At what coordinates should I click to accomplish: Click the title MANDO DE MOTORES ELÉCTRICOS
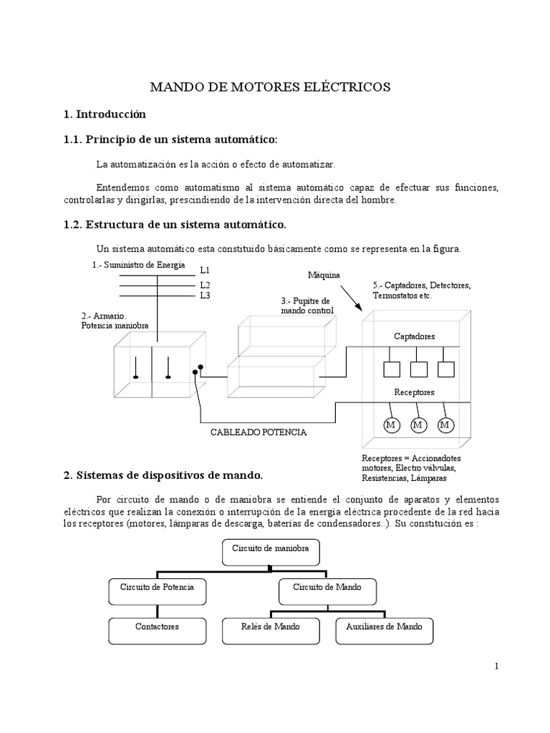click(x=270, y=87)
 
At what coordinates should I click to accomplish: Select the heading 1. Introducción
click(x=105, y=115)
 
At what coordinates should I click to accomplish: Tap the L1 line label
click(x=205, y=271)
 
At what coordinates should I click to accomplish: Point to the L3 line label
click(x=205, y=295)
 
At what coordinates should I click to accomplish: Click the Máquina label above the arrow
click(x=324, y=275)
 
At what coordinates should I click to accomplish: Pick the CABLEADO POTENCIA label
click(x=259, y=432)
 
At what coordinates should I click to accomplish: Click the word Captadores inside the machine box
click(x=414, y=336)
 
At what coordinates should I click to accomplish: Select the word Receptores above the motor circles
click(x=414, y=392)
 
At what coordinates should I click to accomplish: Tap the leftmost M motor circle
click(x=391, y=425)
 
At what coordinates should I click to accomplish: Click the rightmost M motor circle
click(x=445, y=425)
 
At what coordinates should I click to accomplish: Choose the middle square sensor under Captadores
click(x=418, y=369)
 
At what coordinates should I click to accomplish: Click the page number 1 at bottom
click(x=496, y=666)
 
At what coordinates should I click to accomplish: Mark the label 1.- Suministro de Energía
click(x=138, y=265)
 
